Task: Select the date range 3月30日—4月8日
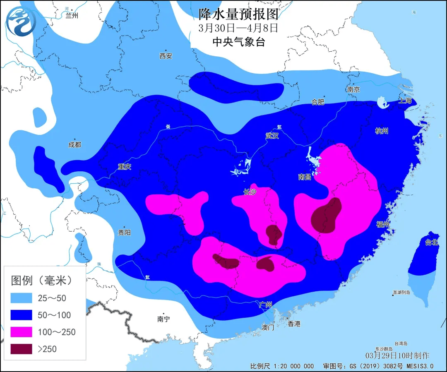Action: coord(238,28)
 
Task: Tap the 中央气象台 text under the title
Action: coord(238,42)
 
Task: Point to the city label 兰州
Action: coord(72,16)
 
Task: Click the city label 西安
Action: coord(166,56)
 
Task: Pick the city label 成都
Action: coord(75,145)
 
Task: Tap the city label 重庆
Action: coord(124,167)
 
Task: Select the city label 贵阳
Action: coord(124,233)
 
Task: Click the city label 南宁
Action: coord(163,319)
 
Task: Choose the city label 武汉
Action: coord(272,136)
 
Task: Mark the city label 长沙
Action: coord(250,192)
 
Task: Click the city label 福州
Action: coord(383,224)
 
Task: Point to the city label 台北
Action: coord(432,242)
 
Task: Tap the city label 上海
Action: coord(406,101)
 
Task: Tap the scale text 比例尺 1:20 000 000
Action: coord(282,366)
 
